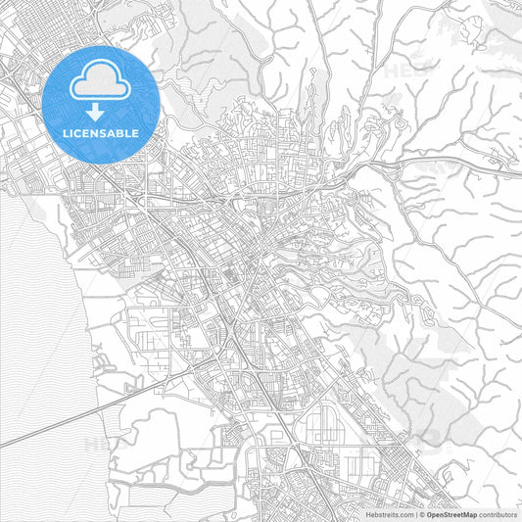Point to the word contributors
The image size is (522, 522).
498,513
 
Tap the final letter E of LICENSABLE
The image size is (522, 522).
136,132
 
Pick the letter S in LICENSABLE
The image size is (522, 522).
104,132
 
